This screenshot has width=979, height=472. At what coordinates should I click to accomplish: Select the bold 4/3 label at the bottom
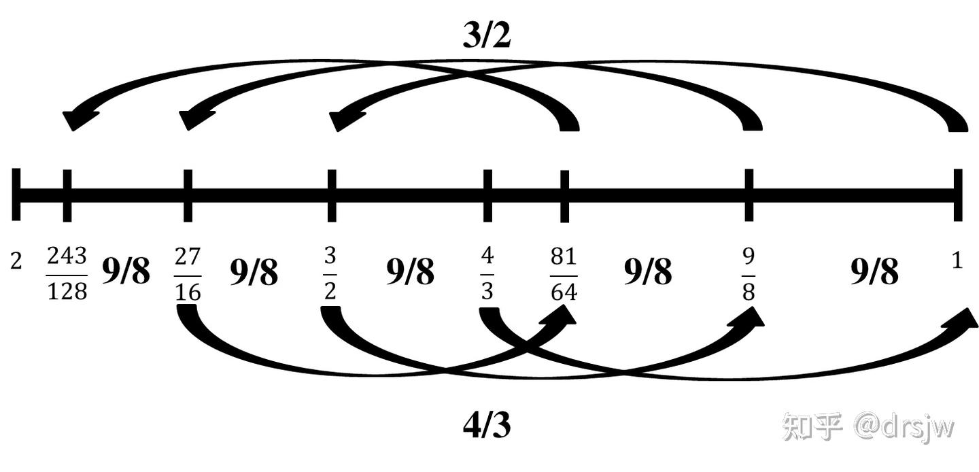point(487,426)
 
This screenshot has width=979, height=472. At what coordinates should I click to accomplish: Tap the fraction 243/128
point(67,273)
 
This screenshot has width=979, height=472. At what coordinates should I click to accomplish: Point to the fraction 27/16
point(188,273)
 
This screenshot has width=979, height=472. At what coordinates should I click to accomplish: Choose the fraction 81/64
point(563,273)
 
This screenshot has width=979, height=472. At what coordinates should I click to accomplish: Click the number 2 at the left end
point(16,261)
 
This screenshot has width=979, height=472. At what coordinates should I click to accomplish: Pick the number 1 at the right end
point(957,261)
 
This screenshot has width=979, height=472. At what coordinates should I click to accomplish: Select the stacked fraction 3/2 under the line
point(330,273)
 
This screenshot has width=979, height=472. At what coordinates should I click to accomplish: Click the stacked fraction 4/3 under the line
point(487,273)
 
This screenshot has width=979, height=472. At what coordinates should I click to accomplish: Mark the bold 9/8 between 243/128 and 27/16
point(126,272)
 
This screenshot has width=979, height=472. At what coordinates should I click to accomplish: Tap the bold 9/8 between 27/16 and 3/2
point(254,272)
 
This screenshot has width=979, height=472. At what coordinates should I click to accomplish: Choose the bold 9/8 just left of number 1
point(874,272)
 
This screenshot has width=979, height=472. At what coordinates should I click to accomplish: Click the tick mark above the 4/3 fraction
point(487,195)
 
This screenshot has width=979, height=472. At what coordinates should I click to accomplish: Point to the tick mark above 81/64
point(564,195)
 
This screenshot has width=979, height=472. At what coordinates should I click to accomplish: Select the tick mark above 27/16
point(188,195)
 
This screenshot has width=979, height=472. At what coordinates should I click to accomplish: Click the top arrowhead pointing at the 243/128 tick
point(74,119)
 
